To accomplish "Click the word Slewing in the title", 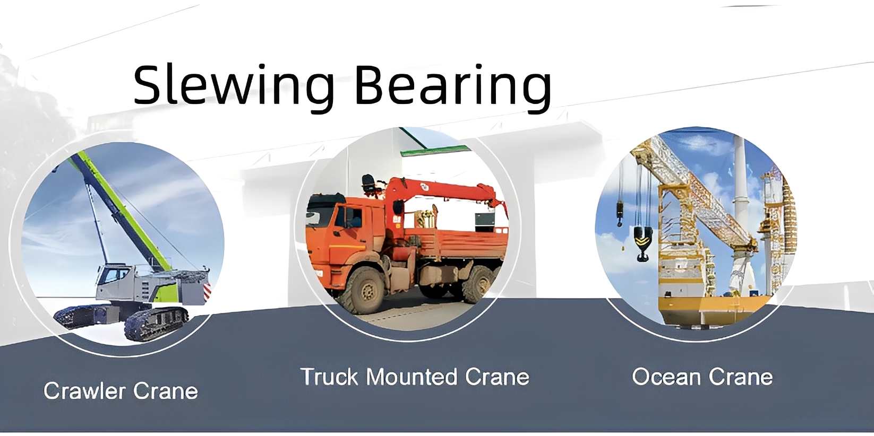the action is point(234,86).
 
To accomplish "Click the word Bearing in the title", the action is point(453,86).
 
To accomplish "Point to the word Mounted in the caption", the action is point(412,377).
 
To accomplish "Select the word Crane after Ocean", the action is point(741,377).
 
